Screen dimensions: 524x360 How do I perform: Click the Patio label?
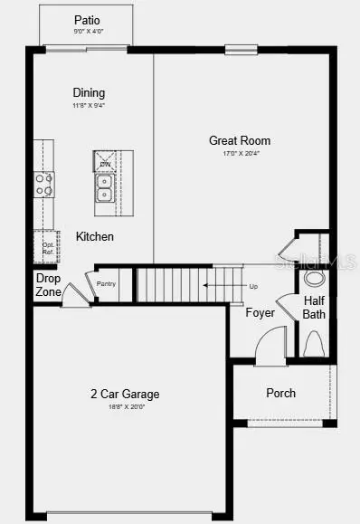(x=88, y=20)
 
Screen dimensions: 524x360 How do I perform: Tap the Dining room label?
(x=89, y=92)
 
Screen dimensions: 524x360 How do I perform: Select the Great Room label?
(x=240, y=140)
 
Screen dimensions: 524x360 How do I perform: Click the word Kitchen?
(x=95, y=236)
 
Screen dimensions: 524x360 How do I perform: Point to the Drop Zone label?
(x=48, y=285)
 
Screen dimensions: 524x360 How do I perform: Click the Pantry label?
(x=106, y=284)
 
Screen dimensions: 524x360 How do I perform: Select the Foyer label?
(x=261, y=313)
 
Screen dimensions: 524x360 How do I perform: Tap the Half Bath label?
(x=315, y=308)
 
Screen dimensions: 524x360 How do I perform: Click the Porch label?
(x=280, y=393)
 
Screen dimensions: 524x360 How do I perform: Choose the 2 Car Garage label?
(x=125, y=394)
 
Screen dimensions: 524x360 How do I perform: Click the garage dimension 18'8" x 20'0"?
(x=125, y=406)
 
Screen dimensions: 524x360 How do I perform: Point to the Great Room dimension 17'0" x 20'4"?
(x=240, y=153)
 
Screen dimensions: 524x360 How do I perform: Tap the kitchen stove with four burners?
(x=44, y=185)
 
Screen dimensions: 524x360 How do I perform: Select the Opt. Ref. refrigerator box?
(x=45, y=245)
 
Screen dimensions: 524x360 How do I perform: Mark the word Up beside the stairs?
(x=253, y=286)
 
